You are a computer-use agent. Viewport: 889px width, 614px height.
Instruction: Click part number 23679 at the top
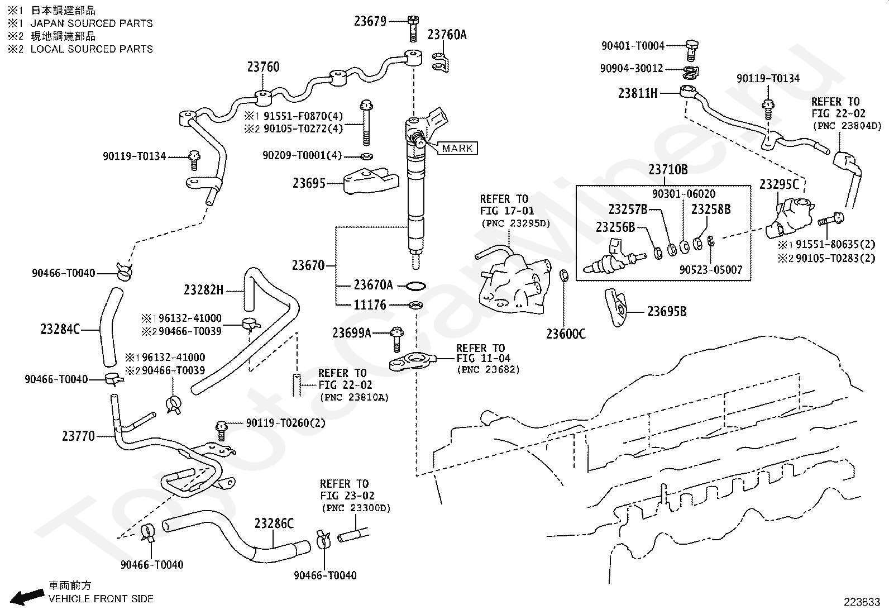click(370, 21)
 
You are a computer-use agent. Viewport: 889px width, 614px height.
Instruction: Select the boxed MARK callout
click(457, 148)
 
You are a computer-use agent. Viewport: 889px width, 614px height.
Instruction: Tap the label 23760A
click(447, 35)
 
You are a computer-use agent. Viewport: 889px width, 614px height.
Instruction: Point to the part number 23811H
click(638, 93)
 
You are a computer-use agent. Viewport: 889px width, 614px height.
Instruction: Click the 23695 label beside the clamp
click(309, 183)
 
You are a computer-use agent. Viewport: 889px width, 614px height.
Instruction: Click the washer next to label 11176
click(416, 305)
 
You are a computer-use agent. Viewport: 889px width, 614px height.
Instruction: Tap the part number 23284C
click(60, 329)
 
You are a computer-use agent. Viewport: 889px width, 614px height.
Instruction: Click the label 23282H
click(204, 290)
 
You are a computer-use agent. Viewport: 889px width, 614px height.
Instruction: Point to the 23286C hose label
click(274, 523)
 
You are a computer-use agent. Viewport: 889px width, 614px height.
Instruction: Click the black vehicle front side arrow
click(27, 597)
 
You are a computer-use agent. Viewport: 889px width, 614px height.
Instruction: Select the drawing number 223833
click(862, 602)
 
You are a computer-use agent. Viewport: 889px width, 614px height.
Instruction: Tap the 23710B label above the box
click(668, 170)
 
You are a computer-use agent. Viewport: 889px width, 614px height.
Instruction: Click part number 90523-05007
click(710, 270)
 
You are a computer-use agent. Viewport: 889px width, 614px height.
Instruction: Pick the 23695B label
click(667, 311)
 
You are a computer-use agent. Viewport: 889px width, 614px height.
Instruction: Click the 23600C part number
click(566, 334)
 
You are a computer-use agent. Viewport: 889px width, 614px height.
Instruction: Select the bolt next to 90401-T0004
click(692, 50)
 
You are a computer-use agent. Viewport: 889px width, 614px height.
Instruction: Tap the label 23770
click(78, 436)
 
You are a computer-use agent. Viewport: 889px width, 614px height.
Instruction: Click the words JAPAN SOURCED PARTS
click(92, 23)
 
